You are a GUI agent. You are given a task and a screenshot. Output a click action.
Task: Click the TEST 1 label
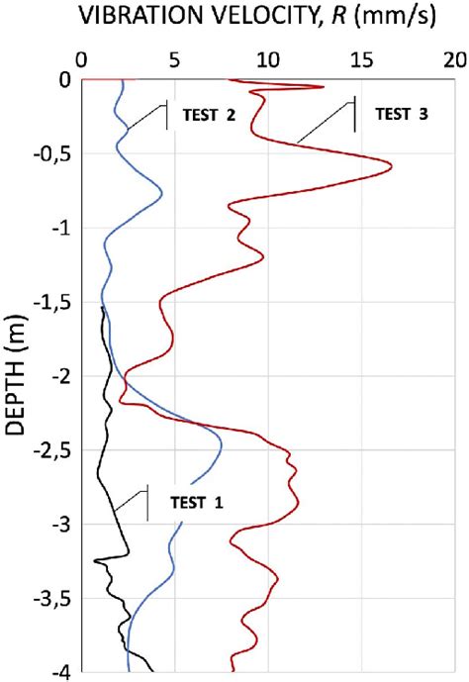(198, 502)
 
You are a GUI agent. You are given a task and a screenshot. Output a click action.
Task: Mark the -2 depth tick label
(60, 377)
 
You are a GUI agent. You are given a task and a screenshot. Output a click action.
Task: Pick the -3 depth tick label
(60, 525)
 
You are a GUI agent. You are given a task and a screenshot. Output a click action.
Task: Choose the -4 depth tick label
(60, 672)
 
